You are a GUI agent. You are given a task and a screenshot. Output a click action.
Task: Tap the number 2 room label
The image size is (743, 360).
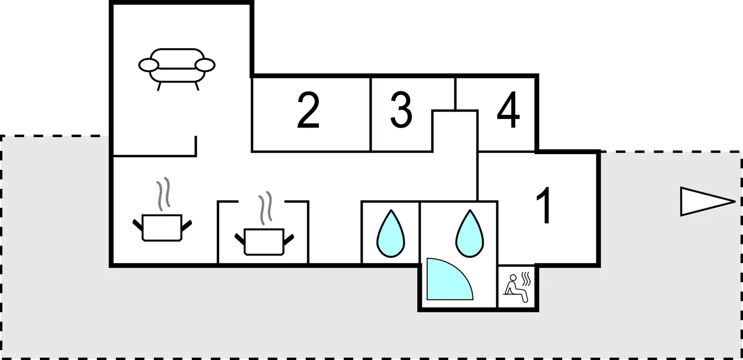tap(308, 110)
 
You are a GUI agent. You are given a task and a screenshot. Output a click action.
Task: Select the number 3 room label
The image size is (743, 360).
tap(401, 110)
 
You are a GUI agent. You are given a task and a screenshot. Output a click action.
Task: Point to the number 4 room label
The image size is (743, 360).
tap(508, 110)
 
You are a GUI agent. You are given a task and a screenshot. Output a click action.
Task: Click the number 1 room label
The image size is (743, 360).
tap(544, 205)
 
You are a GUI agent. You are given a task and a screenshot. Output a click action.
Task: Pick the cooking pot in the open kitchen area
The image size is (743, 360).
tap(162, 228)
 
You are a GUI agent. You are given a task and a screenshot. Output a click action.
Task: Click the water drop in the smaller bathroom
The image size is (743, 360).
tap(391, 233)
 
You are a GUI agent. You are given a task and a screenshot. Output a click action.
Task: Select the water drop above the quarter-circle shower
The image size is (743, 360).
tap(470, 233)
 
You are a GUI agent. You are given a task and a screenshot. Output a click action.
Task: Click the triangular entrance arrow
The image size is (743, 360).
tap(708, 201)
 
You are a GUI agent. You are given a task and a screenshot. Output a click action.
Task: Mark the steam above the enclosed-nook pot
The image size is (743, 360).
tap(265, 208)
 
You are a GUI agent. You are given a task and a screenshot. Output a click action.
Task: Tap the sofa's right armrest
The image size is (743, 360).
tap(205, 65)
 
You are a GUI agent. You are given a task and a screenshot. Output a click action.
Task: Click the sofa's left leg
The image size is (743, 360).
tap(159, 86)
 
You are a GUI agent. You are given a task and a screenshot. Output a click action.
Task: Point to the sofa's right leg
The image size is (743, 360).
tap(197, 86)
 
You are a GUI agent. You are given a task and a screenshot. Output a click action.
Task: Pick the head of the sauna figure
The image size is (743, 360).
tap(513, 278)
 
